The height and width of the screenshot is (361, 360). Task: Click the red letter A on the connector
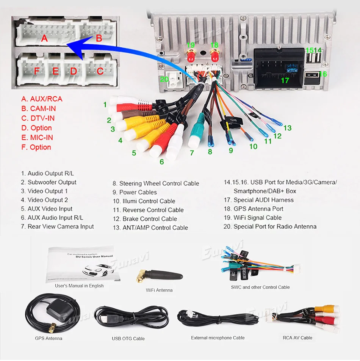[x=44, y=38]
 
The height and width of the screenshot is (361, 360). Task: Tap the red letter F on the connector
[x=37, y=71]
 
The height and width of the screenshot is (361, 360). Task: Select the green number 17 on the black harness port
[x=285, y=80]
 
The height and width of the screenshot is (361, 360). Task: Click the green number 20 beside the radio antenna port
[x=164, y=79]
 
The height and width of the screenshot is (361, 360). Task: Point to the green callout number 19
[x=190, y=45]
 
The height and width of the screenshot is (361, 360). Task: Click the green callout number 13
[x=287, y=128]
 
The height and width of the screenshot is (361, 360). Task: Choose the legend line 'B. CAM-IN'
[x=38, y=108]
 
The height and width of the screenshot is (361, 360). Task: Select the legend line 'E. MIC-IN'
[x=37, y=138]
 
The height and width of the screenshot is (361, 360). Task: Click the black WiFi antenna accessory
[x=159, y=274]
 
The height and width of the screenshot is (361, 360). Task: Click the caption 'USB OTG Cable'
[x=128, y=339]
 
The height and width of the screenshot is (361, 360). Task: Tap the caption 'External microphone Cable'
[x=218, y=338]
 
